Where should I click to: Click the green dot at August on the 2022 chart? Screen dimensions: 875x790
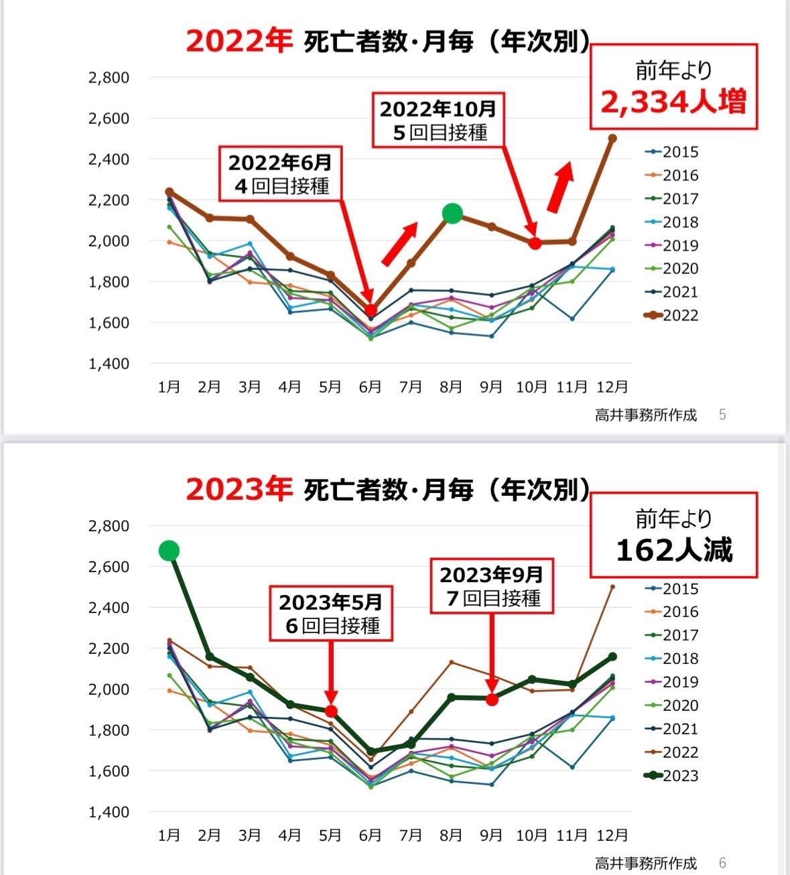click(452, 214)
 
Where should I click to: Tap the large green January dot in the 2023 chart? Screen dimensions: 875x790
click(169, 551)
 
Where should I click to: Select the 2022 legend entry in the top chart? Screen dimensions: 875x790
click(673, 316)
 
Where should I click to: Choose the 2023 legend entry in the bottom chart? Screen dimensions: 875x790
click(673, 776)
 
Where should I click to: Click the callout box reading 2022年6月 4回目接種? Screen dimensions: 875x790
click(280, 173)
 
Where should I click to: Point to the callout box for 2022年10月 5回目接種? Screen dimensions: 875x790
click(438, 120)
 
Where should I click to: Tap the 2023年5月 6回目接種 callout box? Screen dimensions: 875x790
click(331, 613)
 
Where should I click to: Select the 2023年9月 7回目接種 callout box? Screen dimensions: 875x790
click(492, 586)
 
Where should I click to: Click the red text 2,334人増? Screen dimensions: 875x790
click(673, 103)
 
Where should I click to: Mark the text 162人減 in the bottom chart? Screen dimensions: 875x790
click(673, 550)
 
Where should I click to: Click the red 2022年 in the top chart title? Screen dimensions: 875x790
click(239, 42)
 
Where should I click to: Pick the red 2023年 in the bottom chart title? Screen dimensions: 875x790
click(239, 489)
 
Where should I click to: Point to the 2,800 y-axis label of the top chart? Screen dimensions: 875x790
click(109, 78)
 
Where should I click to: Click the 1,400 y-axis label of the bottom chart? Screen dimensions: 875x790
click(109, 812)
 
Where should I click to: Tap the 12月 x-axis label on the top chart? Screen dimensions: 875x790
click(612, 387)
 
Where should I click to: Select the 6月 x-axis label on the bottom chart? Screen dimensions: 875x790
click(371, 835)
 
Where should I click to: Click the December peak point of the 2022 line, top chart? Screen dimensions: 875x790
click(612, 138)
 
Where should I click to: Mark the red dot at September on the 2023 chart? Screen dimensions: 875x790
click(492, 699)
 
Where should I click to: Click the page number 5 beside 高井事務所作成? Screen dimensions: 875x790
click(722, 415)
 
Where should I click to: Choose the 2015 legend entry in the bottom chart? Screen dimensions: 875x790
click(673, 589)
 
